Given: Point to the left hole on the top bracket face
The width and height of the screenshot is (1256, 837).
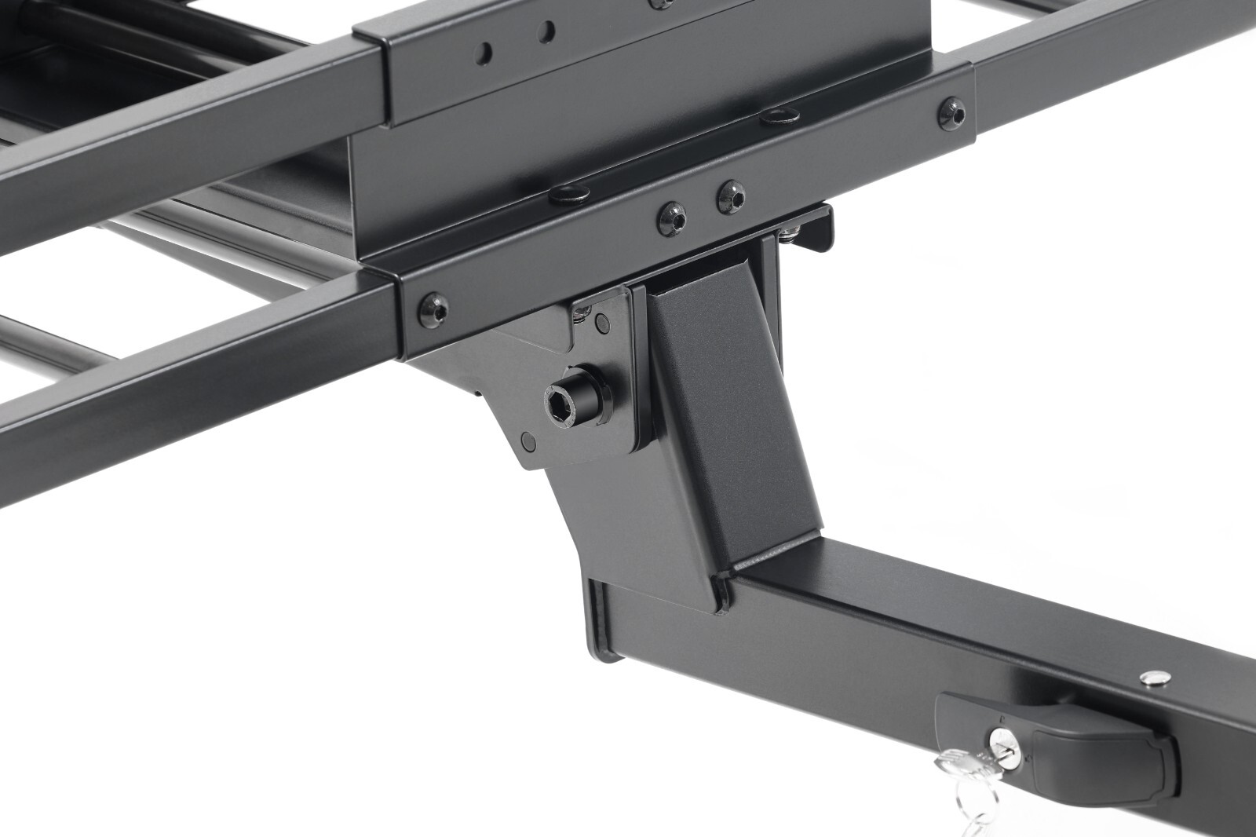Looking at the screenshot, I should click(x=485, y=51).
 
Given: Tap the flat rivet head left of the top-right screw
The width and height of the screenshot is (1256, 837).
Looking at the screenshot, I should click(x=777, y=115).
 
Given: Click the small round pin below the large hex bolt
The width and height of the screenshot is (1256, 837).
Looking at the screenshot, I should click(x=528, y=440).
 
